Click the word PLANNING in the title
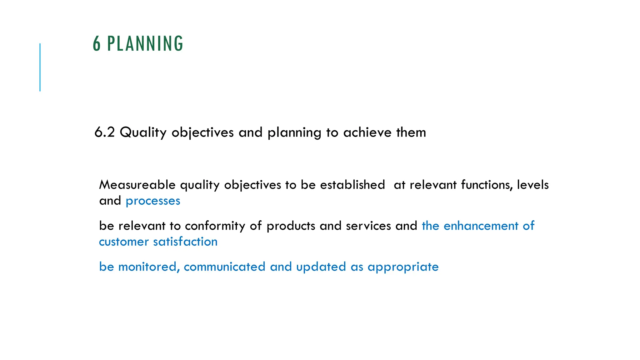[x=145, y=44]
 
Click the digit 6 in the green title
[x=97, y=44]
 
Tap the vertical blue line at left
[x=40, y=67]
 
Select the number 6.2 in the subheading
[x=104, y=132]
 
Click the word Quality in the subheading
[x=143, y=132]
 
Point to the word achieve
[x=367, y=132]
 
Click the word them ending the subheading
[x=411, y=132]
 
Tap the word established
[x=352, y=185]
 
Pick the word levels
[x=532, y=185]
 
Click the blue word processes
[x=153, y=201]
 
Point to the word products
[x=291, y=226]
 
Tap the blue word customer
[x=124, y=242]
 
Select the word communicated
[x=224, y=267]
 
